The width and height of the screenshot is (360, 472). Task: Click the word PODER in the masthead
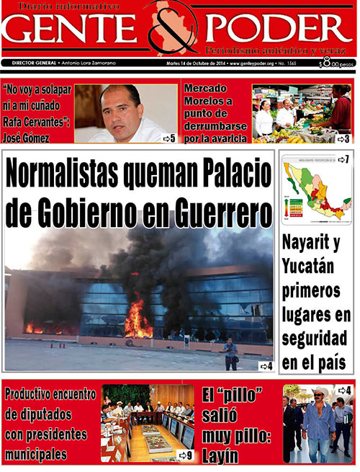click(x=278, y=30)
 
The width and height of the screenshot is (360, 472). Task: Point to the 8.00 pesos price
click(x=336, y=63)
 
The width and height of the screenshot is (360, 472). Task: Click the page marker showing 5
click(x=169, y=138)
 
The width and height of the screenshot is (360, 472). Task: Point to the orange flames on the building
click(x=138, y=324)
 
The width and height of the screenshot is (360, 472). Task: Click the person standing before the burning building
click(x=230, y=353)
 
